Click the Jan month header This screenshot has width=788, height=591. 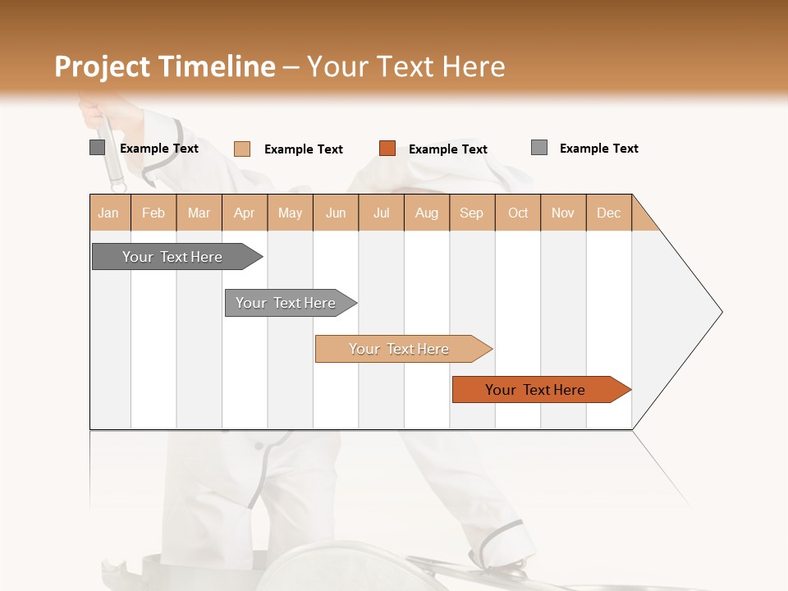click(x=109, y=213)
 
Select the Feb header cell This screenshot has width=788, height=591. click(x=153, y=213)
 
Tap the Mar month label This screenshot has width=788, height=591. click(x=199, y=213)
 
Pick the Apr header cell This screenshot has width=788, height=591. click(x=245, y=213)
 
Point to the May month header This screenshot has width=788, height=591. click(x=290, y=213)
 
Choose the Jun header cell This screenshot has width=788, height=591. click(x=336, y=213)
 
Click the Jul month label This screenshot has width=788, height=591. click(x=381, y=213)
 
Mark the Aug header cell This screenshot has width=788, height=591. click(x=427, y=213)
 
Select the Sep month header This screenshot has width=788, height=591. click(x=472, y=213)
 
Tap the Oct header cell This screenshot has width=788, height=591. click(x=518, y=213)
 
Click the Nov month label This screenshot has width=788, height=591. click(x=563, y=213)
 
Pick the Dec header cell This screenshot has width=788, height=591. click(x=609, y=213)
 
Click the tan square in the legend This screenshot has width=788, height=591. click(x=242, y=149)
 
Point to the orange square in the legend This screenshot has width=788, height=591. click(x=387, y=149)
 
